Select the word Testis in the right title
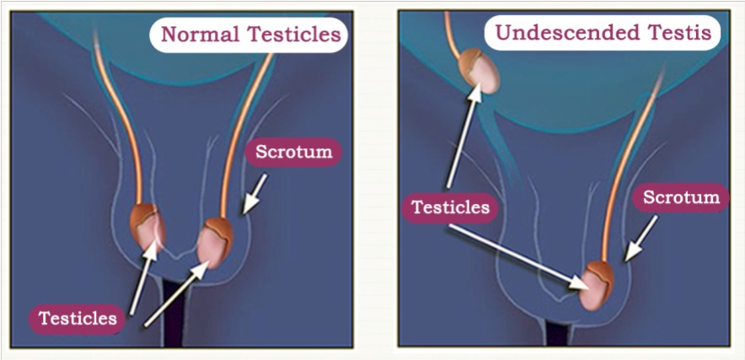tap(678, 35)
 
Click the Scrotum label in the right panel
tap(681, 199)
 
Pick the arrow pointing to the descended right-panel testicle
tap(523, 256)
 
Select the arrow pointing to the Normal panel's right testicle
tap(180, 295)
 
